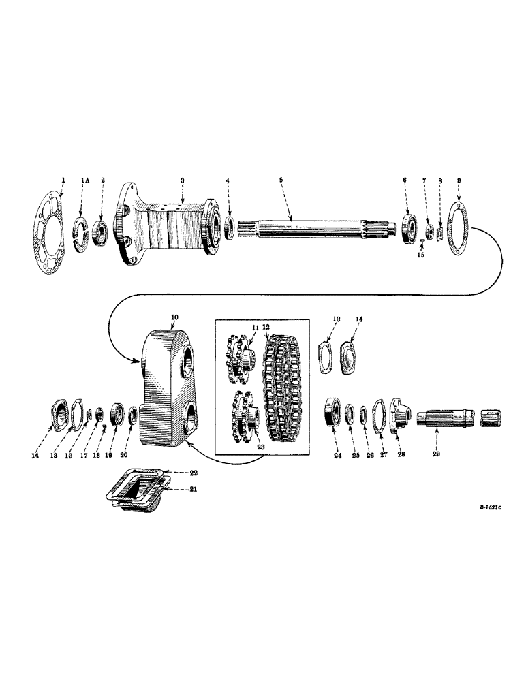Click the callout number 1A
[x=84, y=180]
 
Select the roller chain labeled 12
[x=286, y=388]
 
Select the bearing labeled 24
[x=335, y=412]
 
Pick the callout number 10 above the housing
[x=174, y=317]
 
